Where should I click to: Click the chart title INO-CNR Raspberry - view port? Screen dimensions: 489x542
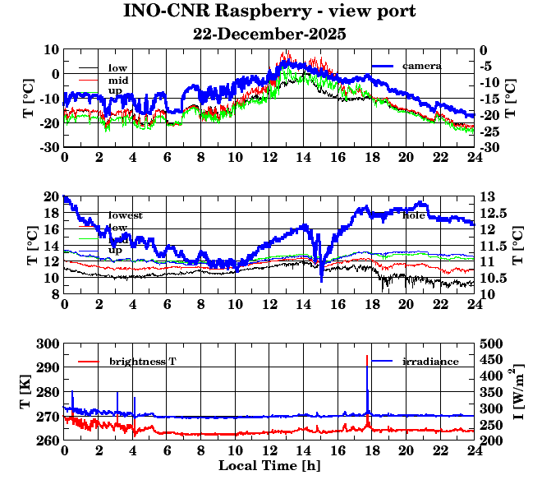coord(269,12)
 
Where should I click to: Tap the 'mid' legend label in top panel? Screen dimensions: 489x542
coord(117,80)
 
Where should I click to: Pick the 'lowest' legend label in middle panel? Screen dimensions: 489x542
coord(125,215)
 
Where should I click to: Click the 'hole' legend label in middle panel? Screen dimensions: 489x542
coord(413,215)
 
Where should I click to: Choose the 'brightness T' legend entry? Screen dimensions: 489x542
coord(142,362)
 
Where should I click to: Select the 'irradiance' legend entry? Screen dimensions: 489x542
coord(430,362)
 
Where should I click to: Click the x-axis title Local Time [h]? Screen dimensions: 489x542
coord(269,465)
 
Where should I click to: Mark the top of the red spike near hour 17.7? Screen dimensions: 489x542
coord(366,355)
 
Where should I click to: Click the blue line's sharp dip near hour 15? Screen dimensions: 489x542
coord(321,280)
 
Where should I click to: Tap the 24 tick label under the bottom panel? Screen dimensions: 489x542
coord(474,451)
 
